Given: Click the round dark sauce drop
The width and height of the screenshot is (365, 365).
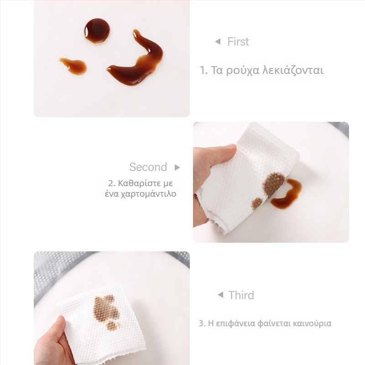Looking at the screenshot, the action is pyautogui.click(x=97, y=31).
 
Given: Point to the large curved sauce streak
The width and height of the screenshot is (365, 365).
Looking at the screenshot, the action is pyautogui.click(x=137, y=63).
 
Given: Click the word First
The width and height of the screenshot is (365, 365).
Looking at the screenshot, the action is pyautogui.click(x=238, y=42).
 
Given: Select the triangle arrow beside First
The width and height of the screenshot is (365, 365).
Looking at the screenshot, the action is pyautogui.click(x=218, y=42).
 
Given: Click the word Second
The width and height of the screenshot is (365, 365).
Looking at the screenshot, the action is pyautogui.click(x=148, y=167).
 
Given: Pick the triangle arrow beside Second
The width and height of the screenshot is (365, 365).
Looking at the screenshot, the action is pyautogui.click(x=177, y=167).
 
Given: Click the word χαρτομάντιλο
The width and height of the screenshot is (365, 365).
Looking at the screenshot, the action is pyautogui.click(x=149, y=194).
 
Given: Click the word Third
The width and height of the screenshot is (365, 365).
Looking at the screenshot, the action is pyautogui.click(x=241, y=295).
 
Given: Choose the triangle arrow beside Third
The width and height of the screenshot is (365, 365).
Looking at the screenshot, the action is pyautogui.click(x=220, y=295).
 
